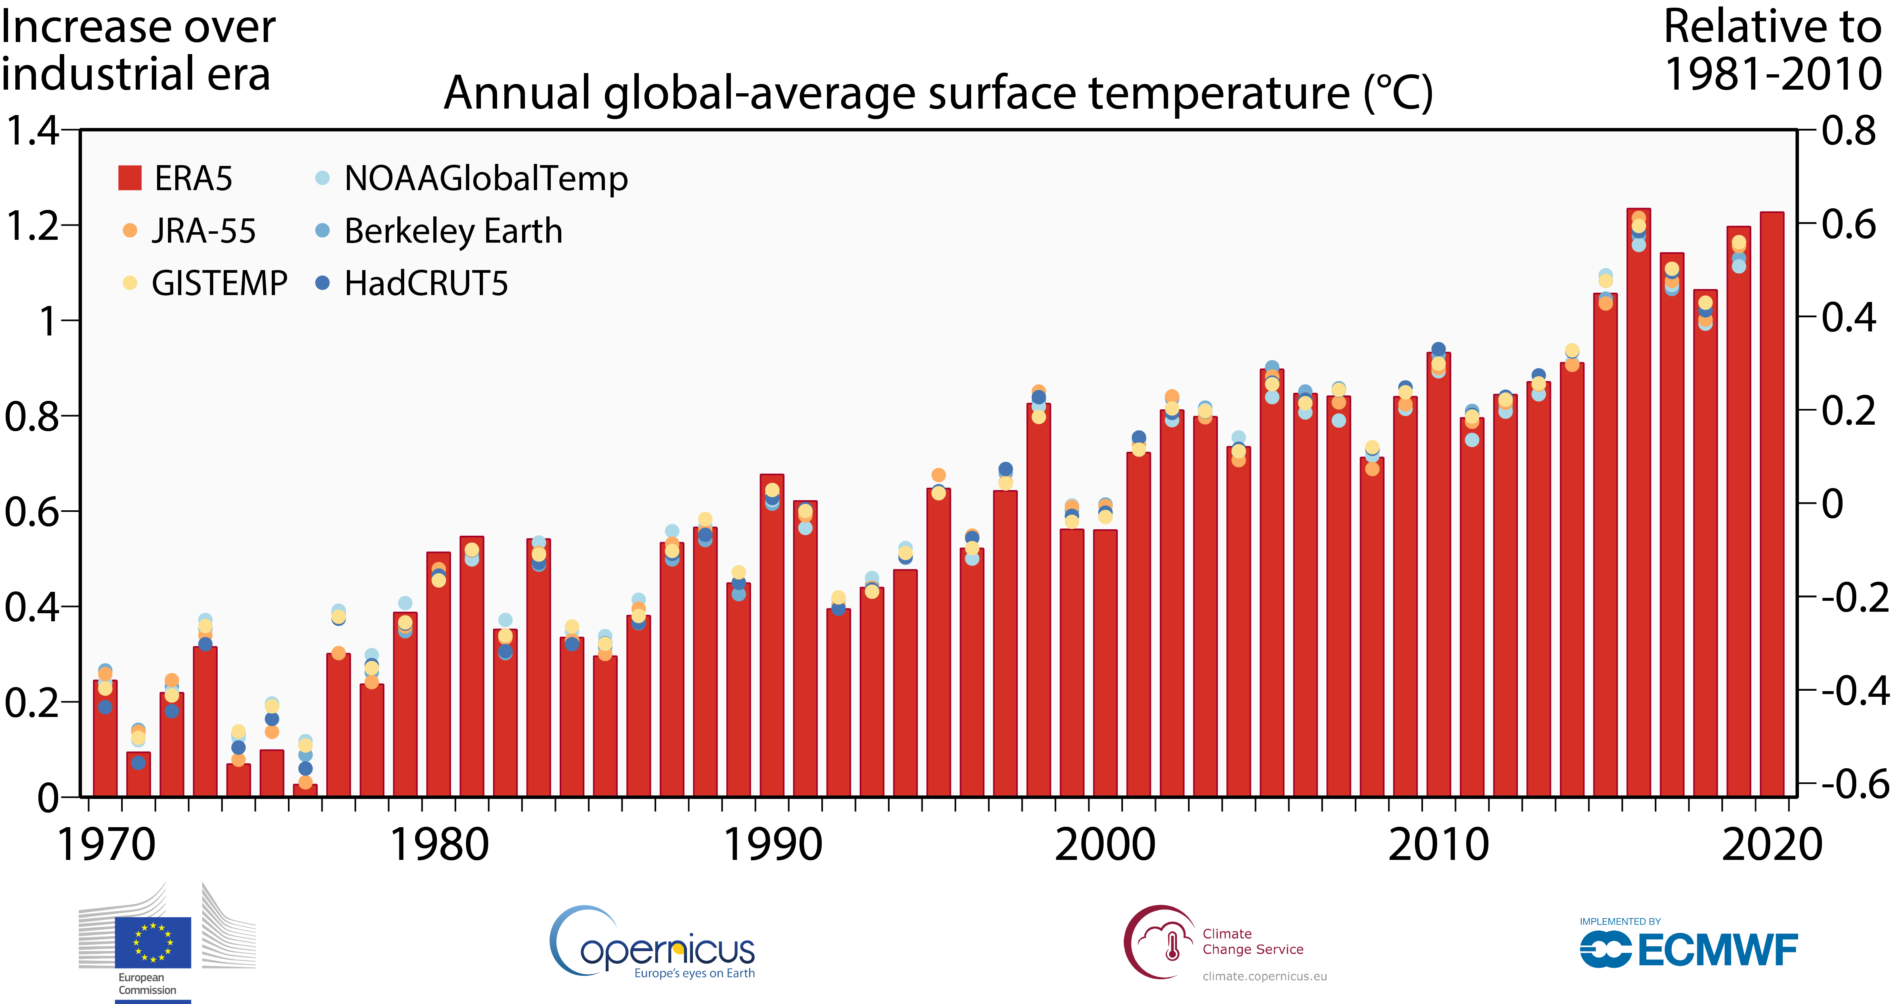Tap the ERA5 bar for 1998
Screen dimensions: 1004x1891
pos(1038,602)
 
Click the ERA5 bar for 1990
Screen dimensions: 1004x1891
pos(772,639)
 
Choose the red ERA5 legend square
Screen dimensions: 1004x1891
pos(130,178)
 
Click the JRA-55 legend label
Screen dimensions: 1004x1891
pos(204,231)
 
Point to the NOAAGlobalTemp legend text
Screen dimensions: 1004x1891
pos(486,178)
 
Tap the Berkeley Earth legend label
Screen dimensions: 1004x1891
pos(453,231)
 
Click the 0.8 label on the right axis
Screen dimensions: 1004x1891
pos(1849,131)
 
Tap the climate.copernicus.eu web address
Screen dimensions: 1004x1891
pos(1264,976)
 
